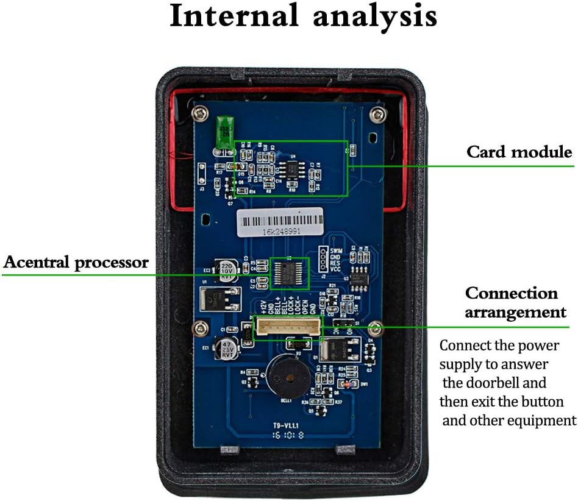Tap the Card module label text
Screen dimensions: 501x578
519,152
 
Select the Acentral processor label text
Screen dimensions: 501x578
76,263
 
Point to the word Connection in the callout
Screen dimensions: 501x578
512,293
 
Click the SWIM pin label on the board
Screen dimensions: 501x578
337,251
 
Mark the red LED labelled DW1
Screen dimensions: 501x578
347,385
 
